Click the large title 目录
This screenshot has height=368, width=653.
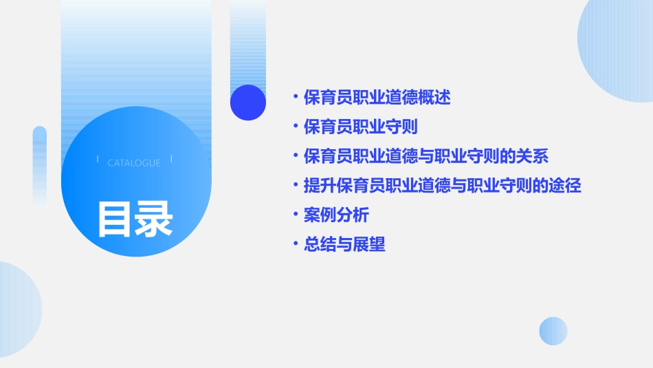coord(135,219)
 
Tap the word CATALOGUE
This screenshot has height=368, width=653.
coord(134,163)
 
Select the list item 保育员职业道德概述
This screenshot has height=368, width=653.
coord(377,98)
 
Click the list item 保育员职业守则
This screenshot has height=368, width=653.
coord(361,127)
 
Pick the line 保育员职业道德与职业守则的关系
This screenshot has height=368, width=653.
coord(426,156)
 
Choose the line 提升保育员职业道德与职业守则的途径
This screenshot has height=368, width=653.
coord(443,186)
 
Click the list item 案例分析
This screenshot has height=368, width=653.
coord(336,215)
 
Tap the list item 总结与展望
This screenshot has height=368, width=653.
coord(344,244)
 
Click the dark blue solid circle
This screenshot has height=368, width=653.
coord(248,102)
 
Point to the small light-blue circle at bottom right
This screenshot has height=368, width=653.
coord(553,331)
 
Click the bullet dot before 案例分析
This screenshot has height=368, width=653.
coord(296,215)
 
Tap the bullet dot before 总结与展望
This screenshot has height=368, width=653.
coord(296,244)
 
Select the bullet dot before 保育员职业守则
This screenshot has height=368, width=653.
coord(296,127)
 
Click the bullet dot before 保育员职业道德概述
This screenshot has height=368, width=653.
coord(296,98)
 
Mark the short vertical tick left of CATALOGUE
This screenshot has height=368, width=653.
coord(98,159)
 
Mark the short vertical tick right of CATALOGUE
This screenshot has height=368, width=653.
coord(171,159)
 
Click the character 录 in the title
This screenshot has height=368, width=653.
coord(154,219)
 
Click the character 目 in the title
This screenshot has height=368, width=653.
coord(115,219)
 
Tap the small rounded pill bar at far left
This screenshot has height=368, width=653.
coord(40,165)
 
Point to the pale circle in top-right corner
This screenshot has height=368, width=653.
coord(619,48)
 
